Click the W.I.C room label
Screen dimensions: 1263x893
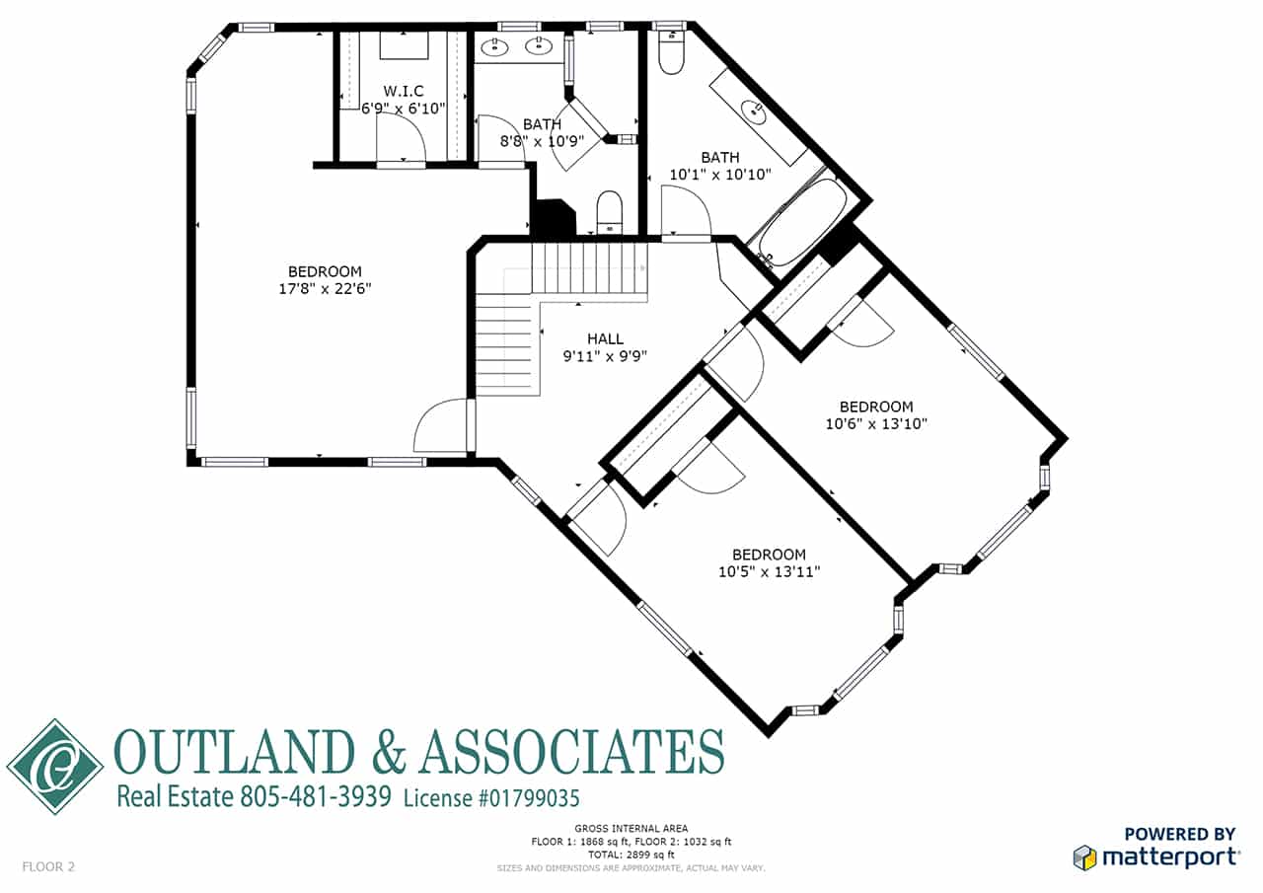[x=404, y=91]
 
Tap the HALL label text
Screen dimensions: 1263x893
[x=605, y=338]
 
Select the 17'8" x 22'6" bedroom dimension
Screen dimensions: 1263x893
[x=326, y=289]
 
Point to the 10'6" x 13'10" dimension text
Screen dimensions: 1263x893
[x=876, y=424]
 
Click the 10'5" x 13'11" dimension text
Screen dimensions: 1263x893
[x=769, y=571]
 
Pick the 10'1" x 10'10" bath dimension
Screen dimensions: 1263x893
[x=720, y=175]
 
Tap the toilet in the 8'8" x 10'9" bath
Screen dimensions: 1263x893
[x=609, y=212]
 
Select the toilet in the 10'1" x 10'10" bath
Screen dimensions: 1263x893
[x=672, y=52]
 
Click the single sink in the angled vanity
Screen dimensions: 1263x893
[x=753, y=112]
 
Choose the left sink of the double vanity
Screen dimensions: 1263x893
[x=495, y=46]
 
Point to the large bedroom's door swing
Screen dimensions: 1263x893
[x=441, y=425]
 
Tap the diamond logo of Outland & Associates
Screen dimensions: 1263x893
[x=54, y=767]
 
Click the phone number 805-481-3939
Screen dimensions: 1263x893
[x=316, y=796]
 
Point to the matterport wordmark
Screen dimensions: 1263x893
[x=1170, y=857]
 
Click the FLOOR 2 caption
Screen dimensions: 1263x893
[x=48, y=866]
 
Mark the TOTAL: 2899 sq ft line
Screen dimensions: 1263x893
[x=631, y=855]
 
